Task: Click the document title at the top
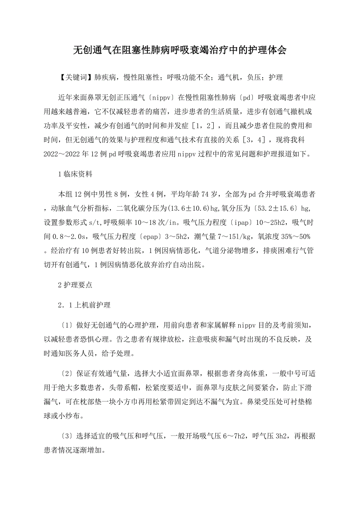point(180,50)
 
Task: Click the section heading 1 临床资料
point(75,174)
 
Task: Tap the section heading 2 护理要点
point(75,285)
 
